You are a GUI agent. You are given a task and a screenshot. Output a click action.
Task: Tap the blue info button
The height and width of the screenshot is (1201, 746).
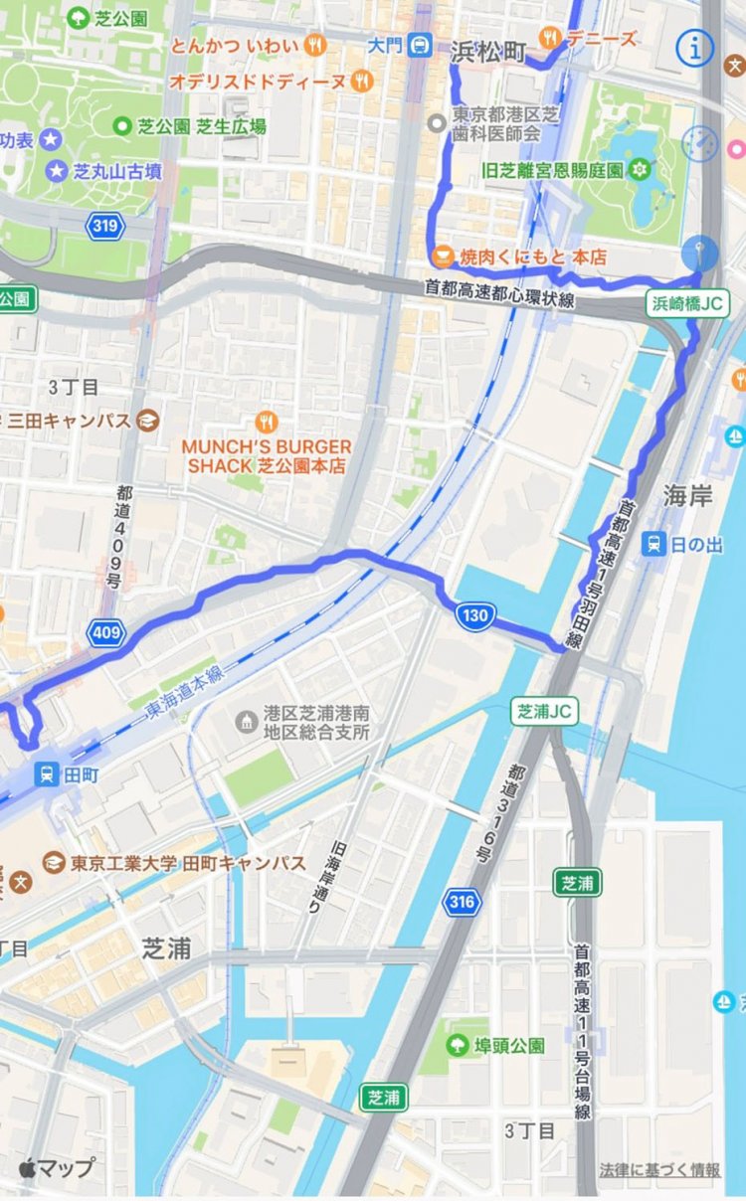click(694, 47)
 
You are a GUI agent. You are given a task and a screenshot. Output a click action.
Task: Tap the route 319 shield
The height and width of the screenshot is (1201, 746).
click(105, 226)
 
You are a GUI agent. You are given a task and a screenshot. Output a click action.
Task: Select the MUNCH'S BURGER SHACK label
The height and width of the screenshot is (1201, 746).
click(266, 455)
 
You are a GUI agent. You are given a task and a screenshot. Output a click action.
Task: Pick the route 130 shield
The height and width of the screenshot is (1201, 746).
click(475, 615)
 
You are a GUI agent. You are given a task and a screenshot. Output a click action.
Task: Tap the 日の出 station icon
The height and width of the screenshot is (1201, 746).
click(653, 544)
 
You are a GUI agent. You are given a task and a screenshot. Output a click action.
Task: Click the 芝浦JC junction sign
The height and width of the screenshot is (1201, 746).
click(545, 711)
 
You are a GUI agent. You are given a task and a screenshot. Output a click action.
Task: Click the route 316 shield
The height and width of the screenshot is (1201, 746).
click(464, 902)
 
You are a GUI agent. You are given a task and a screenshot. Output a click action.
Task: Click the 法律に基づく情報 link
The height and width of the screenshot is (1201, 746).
click(658, 1170)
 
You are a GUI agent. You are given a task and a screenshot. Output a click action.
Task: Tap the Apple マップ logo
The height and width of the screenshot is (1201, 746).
click(57, 1167)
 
